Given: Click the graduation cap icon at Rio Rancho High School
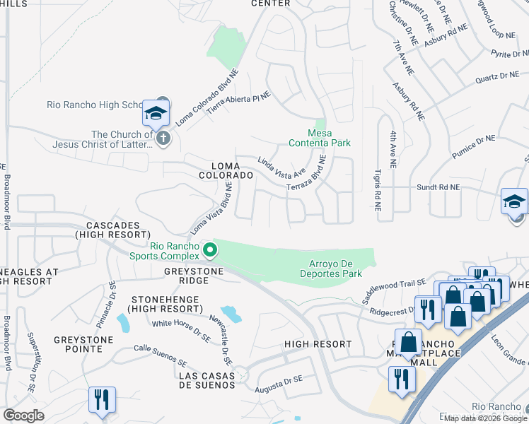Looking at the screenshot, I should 156,113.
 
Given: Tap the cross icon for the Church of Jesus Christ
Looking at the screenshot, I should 163,138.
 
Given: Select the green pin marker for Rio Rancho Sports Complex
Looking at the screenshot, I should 209,249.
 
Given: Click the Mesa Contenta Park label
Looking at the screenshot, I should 319,138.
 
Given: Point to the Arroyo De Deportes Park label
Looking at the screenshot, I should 330,269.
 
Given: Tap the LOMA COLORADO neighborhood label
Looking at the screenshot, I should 226,170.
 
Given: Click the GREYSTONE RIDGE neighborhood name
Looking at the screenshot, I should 194,276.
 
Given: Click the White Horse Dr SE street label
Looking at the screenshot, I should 182,331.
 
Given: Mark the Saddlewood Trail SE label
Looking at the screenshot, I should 393,291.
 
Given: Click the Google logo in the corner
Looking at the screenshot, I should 23,416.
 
